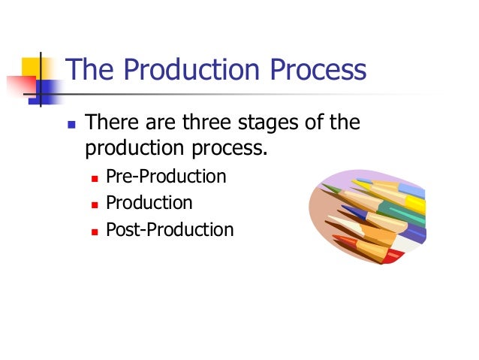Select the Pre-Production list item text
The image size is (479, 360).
(x=165, y=177)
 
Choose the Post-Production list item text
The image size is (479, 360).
(x=169, y=229)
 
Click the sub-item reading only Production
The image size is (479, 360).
(x=149, y=203)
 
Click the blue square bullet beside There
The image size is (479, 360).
(x=71, y=123)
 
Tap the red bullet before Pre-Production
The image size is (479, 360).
(x=94, y=178)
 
